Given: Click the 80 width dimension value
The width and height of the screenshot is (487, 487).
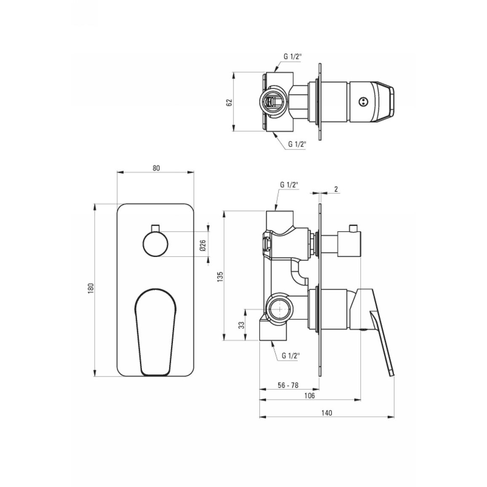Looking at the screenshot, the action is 156,168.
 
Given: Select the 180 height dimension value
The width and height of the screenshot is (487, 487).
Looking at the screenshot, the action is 91,289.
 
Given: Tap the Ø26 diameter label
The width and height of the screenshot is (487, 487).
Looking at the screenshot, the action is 203,245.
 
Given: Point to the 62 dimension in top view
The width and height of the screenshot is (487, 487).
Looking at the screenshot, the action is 230,102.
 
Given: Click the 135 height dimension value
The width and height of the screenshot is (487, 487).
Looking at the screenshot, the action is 220,276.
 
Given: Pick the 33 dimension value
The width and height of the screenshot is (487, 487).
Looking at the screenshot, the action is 242,325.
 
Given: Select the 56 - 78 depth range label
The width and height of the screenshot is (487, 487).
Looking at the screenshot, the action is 288,385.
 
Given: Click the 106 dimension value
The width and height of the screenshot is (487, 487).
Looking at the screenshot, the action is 310,396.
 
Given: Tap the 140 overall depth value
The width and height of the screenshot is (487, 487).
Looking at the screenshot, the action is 326,413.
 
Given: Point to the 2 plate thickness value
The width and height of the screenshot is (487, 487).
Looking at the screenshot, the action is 336,189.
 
